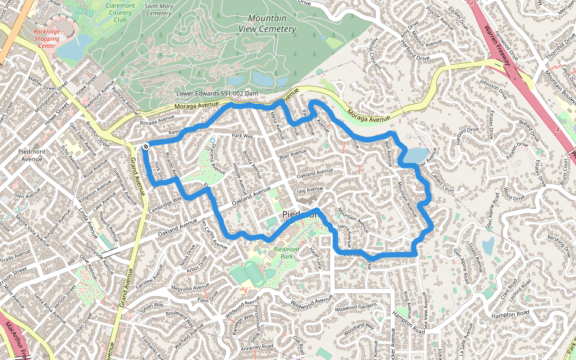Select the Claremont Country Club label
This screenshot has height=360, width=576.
click(x=120, y=12)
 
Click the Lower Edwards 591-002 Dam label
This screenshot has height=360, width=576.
click(x=217, y=94)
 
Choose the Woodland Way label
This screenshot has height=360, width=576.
click(x=359, y=326)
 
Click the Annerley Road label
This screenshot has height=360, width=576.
click(x=256, y=347)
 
